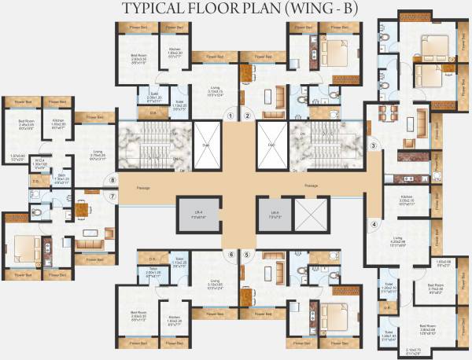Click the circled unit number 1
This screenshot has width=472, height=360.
(x=230, y=116)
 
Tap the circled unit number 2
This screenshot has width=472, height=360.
(x=247, y=116)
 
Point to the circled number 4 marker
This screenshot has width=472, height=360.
(x=374, y=223)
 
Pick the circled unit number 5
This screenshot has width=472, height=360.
(x=247, y=254)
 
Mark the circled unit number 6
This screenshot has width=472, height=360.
(x=230, y=254)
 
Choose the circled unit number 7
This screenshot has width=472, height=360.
(x=113, y=196)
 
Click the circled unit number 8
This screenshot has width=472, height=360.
(x=113, y=180)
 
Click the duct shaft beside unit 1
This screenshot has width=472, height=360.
(x=208, y=145)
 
